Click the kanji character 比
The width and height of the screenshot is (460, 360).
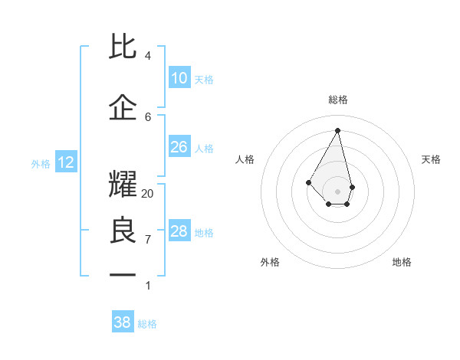pyautogui.click(x=123, y=47)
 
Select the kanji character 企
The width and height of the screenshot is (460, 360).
pyautogui.click(x=123, y=108)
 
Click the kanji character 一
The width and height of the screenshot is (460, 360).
pyautogui.click(x=123, y=273)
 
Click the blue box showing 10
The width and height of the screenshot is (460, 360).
pyautogui.click(x=179, y=78)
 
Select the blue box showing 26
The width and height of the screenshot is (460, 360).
pyautogui.click(x=179, y=147)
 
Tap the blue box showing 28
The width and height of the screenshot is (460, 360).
pyautogui.click(x=179, y=231)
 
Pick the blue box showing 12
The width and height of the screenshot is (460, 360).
pyautogui.click(x=65, y=162)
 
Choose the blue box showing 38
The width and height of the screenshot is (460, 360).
pyautogui.click(x=122, y=322)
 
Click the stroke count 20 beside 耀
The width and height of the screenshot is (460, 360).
pyautogui.click(x=148, y=194)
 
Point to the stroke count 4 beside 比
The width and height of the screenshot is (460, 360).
pyautogui.click(x=148, y=56)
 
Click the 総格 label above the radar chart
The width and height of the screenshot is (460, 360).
pyautogui.click(x=338, y=100)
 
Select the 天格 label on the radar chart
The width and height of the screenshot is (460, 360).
pyautogui.click(x=431, y=159)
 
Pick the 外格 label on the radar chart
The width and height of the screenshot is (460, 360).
pyautogui.click(x=270, y=262)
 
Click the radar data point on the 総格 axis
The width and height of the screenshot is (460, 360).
pyautogui.click(x=338, y=129)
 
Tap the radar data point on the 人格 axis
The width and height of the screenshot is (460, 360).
pyautogui.click(x=308, y=182)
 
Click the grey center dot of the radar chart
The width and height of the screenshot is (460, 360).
pyautogui.click(x=338, y=191)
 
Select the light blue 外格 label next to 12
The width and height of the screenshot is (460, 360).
pyautogui.click(x=41, y=163)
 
